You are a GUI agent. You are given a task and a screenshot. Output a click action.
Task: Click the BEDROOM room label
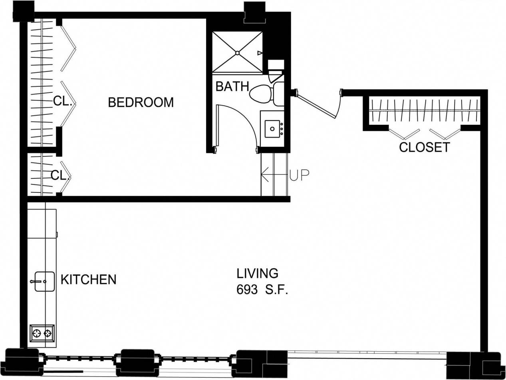click(141, 102)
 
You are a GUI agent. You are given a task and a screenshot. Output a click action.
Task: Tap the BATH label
click(232, 86)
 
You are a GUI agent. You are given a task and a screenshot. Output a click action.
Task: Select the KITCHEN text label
click(88, 279)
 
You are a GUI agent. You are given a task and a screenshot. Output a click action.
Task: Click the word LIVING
click(257, 274)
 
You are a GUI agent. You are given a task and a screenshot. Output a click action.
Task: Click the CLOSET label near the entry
click(424, 147)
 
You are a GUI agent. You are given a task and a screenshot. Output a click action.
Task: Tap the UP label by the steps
click(300, 175)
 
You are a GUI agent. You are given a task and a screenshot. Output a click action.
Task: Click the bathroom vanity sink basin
click(272, 129)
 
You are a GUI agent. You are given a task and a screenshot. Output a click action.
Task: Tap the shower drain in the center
click(237, 52)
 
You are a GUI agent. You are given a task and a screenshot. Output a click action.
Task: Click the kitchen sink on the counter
click(44, 282)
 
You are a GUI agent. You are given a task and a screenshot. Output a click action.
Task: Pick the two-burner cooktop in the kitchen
click(42, 333)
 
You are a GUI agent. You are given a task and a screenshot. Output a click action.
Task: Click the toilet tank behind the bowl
click(278, 94)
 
